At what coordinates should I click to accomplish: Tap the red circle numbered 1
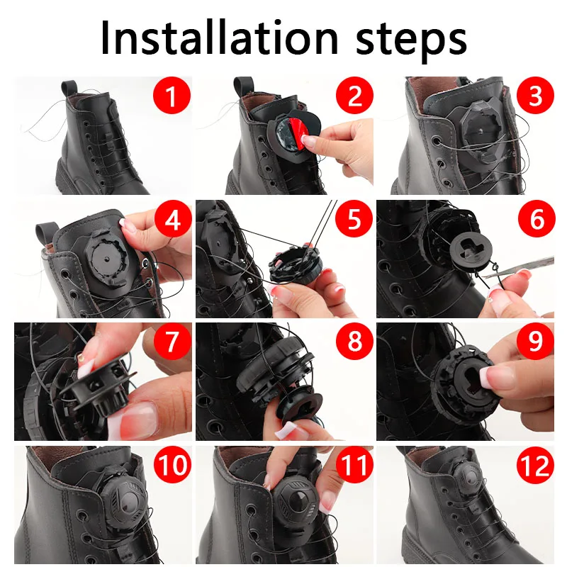pyautogui.click(x=172, y=96)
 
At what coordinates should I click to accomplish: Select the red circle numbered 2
pyautogui.click(x=354, y=96)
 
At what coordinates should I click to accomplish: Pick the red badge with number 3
pyautogui.click(x=536, y=96)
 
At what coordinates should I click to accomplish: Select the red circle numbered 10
pyautogui.click(x=172, y=466)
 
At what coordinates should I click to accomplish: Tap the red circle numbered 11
pyautogui.click(x=354, y=466)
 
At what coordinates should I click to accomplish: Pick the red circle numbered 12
pyautogui.click(x=536, y=466)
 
